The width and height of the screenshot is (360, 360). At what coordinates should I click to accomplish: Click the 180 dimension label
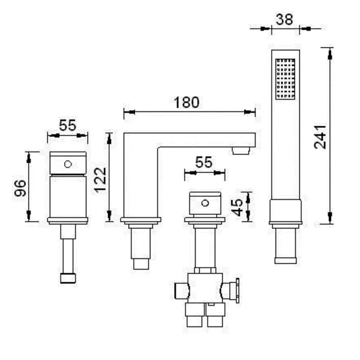[x=186, y=103]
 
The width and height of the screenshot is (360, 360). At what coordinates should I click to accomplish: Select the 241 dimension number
[x=320, y=137]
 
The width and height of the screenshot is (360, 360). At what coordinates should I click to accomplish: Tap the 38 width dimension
[x=284, y=19]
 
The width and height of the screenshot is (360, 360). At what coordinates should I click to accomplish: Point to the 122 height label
[x=100, y=180]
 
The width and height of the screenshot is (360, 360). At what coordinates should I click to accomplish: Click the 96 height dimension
[x=20, y=188]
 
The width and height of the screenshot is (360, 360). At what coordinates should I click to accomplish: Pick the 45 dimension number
[x=237, y=208]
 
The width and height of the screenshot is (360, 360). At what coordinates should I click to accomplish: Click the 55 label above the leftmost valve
[x=67, y=125]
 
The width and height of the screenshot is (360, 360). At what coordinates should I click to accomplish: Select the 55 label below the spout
[x=204, y=163]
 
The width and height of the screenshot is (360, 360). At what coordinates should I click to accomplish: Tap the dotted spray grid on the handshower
[x=285, y=79]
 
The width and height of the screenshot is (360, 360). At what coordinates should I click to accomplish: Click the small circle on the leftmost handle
[x=68, y=164]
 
